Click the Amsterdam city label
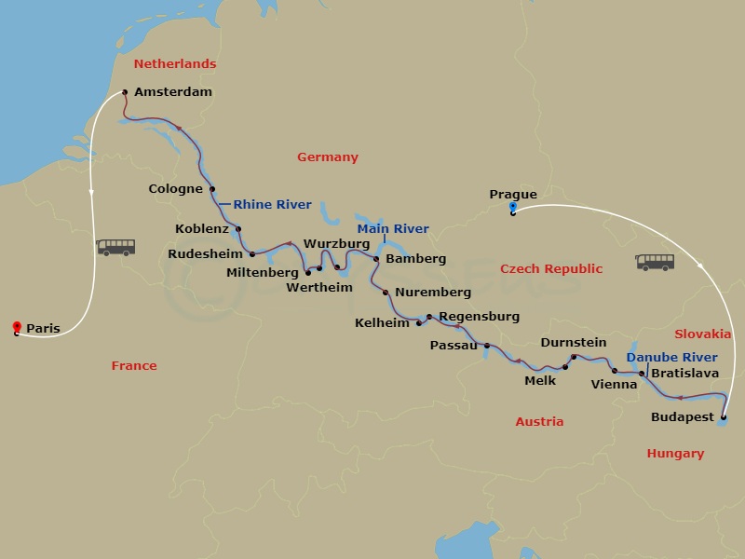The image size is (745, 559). point(173,92)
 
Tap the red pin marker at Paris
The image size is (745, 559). point(17,326)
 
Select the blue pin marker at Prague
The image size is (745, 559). point(513,208)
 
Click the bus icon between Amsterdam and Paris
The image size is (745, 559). point(116,247)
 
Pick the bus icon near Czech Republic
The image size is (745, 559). point(655,262)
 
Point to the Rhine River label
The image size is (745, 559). point(272,204)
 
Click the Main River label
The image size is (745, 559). point(394,228)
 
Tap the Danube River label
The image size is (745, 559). point(671,357)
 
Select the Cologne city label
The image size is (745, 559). point(176,189)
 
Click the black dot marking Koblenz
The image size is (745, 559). point(238,229)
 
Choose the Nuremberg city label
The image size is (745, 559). point(433,293)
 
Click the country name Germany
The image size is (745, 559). point(328,157)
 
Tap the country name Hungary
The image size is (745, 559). point(675,454)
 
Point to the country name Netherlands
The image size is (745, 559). point(175,64)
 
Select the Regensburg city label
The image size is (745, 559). point(479,317)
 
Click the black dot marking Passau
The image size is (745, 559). point(487,346)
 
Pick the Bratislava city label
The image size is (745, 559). point(684,373)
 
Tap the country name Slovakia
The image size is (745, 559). point(702,334)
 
